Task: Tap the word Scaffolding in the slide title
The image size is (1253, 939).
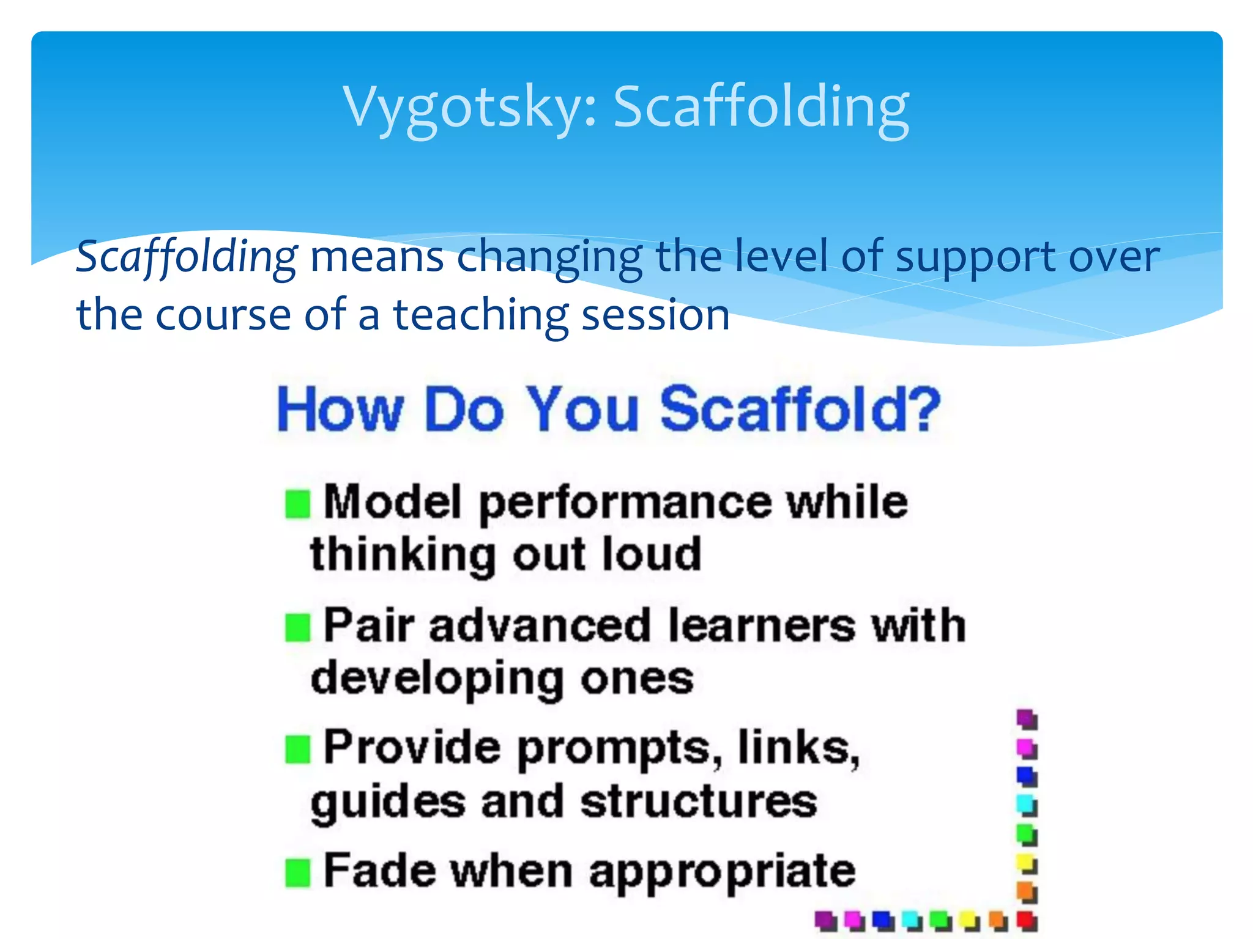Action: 761,107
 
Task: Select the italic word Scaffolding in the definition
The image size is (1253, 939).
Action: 187,257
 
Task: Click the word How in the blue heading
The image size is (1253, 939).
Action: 340,410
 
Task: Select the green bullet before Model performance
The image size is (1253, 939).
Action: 298,504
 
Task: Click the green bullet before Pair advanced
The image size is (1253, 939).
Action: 298,628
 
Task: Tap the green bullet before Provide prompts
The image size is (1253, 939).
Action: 298,749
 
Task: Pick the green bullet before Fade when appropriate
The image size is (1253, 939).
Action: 298,873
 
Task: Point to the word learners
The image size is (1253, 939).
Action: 761,626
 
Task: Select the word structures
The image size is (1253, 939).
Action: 699,802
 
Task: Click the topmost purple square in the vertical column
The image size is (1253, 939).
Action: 1027,719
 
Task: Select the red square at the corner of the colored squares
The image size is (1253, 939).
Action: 1027,919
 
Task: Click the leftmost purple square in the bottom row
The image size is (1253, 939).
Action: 825,919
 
